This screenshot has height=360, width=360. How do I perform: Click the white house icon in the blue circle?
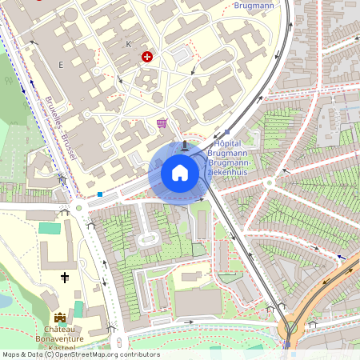tap(179, 172)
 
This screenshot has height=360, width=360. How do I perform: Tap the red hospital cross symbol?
tap(146, 57)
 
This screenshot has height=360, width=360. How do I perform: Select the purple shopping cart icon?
tap(162, 122)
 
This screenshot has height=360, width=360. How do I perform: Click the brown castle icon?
tap(59, 318)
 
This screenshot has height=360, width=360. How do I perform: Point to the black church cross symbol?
tap(66, 278)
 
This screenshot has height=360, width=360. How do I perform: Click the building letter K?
tap(128, 43)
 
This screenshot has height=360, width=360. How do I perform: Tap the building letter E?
tap(60, 63)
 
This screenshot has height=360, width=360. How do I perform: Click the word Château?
tap(60, 330)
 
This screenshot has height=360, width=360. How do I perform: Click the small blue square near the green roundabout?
tap(100, 194)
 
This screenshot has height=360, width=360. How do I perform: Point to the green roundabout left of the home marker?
tap(79, 209)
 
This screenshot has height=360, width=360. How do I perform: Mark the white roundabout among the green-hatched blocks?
tap(268, 182)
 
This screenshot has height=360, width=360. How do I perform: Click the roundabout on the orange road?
tap(291, 326)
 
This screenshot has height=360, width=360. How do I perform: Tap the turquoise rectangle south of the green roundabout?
tap(50, 228)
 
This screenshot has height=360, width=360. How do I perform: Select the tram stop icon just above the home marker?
tap(186, 146)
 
